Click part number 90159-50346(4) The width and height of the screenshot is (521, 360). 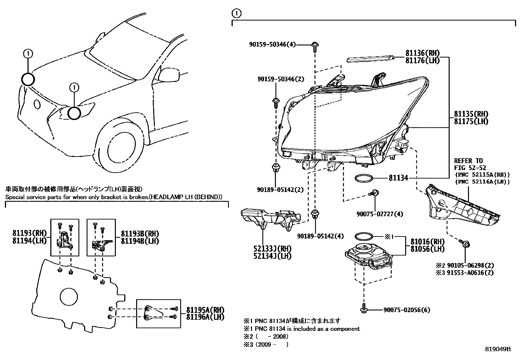tap(272, 44)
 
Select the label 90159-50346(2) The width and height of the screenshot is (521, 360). tap(281, 79)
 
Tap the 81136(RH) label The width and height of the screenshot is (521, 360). tap(422, 53)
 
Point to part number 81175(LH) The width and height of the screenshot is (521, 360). tap(471, 121)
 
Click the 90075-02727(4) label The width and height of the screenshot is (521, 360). tap(380, 214)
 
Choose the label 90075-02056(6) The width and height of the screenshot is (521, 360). tap(407, 310)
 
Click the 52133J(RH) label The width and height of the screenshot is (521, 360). tap(272, 249)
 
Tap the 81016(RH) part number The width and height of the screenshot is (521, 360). tap(427, 241)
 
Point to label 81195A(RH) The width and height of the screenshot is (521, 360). tap(205, 310)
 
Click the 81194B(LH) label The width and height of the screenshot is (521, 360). tap(140, 241)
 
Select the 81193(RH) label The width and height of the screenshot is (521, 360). tap(29, 233)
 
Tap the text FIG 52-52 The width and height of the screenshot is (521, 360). tap(470, 168)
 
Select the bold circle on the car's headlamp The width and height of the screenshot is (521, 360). tap(74, 113)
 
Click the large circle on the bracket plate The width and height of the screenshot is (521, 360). tap(69, 297)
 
